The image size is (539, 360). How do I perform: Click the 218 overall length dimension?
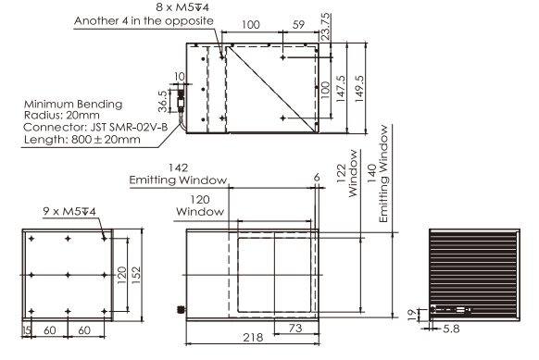point(253,338)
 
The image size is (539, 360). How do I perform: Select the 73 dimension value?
point(295,328)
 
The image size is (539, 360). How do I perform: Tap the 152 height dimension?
point(136,275)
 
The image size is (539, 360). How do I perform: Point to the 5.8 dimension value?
point(451,329)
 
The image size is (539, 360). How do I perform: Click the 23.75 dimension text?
point(325,27)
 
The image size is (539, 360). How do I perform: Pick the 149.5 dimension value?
point(359,88)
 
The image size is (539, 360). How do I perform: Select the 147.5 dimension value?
point(340,88)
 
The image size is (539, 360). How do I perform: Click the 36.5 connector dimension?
point(163,101)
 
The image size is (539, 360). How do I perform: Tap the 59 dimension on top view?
point(298,25)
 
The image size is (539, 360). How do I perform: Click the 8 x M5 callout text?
point(182,6)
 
